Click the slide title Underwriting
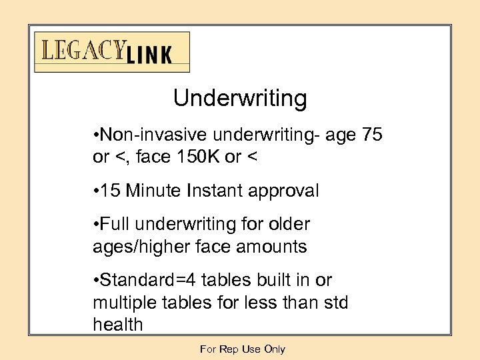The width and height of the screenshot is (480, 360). tap(240, 99)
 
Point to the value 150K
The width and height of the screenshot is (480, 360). tap(189, 158)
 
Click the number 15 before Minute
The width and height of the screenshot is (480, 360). tap(111, 191)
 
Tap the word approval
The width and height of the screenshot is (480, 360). tap(286, 191)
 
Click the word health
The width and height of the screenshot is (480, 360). tap(118, 325)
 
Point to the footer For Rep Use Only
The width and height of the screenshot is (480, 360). tap(242, 349)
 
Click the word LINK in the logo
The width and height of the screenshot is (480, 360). tap(149, 55)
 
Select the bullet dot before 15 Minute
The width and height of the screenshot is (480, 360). tap(97, 192)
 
